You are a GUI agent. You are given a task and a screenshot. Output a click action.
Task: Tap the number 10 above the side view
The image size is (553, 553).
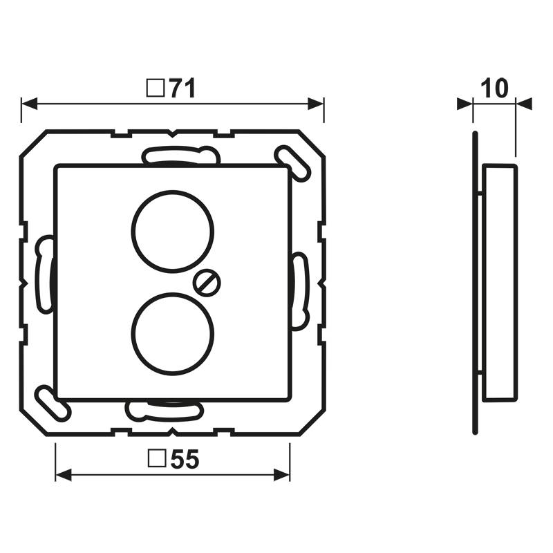pos(494,88)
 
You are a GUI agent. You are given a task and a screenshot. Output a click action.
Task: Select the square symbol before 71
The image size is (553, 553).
pos(156,88)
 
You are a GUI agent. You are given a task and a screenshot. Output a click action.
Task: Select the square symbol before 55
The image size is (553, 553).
pos(158,460)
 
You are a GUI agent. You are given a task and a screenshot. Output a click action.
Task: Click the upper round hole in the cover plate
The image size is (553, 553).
pos(172,231)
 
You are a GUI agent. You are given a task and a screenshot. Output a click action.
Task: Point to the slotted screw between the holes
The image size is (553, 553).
pos(206,281)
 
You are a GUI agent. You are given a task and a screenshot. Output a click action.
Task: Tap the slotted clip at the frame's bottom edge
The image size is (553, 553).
pos(165,411)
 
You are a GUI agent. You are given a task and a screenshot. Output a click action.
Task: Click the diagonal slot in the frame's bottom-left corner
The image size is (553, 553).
pos(53,403)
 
